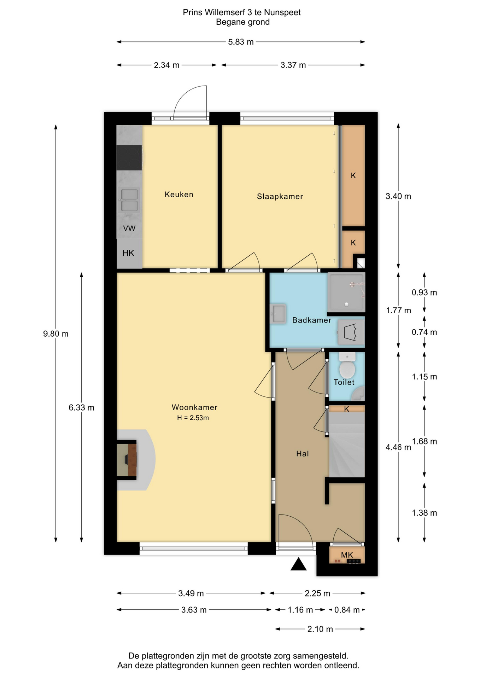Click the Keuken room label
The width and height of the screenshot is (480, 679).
pyautogui.click(x=179, y=194)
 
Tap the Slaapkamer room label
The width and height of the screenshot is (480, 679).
pyautogui.click(x=280, y=196)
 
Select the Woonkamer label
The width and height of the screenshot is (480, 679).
pyautogui.click(x=194, y=407)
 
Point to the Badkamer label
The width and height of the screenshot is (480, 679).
pyautogui.click(x=312, y=320)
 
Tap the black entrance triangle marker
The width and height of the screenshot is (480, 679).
pyautogui.click(x=298, y=564)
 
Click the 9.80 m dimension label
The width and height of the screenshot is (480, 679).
pyautogui.click(x=56, y=333)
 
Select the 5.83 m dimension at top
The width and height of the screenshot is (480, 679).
pyautogui.click(x=241, y=42)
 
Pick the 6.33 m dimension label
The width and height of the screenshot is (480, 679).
pyautogui.click(x=81, y=407)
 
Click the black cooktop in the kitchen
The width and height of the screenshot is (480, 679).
pyautogui.click(x=129, y=158)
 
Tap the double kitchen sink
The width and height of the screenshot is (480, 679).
pyautogui.click(x=129, y=200)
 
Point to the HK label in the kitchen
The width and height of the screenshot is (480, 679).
pyautogui.click(x=128, y=253)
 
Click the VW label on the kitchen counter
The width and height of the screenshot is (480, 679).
pyautogui.click(x=129, y=228)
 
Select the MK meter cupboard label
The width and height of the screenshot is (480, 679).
pyautogui.click(x=347, y=555)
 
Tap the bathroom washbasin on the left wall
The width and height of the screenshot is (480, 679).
pyautogui.click(x=278, y=314)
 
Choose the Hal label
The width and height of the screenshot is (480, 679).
pyautogui.click(x=303, y=454)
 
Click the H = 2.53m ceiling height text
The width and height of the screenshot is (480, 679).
pyautogui.click(x=193, y=418)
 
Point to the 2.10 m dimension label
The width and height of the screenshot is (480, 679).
pyautogui.click(x=320, y=629)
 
